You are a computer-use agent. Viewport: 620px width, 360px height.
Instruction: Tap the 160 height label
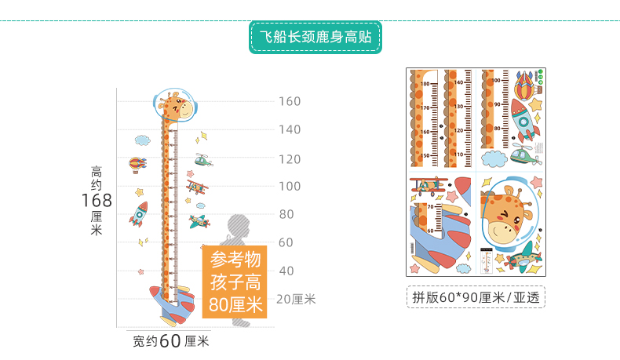290,101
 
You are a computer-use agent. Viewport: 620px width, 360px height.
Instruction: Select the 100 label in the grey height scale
290,187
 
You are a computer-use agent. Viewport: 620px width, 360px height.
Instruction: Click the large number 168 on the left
97,201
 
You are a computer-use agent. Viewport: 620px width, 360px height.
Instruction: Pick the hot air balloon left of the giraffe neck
137,165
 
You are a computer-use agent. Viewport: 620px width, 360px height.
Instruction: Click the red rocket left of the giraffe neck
140,213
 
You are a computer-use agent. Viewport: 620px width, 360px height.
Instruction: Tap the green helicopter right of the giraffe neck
203,161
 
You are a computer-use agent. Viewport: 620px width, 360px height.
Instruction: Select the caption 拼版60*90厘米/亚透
476,297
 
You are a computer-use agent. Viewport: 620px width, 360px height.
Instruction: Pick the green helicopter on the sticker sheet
524,153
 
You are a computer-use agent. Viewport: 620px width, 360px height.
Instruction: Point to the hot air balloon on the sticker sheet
526,82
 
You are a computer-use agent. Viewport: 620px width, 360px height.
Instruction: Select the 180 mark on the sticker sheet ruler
426,83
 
